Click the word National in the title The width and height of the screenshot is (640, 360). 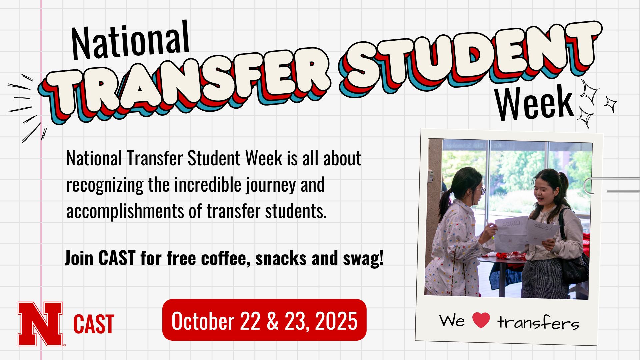click(130, 41)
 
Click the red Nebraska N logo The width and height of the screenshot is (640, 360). click(40, 324)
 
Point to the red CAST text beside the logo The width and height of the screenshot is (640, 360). click(94, 324)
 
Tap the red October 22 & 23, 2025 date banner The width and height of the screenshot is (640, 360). click(264, 320)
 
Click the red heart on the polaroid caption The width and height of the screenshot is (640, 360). click(481, 320)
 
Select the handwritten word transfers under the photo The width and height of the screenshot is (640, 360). click(538, 322)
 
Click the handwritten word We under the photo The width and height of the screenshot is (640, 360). click(452, 321)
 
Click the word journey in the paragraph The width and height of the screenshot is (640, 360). click(271, 185)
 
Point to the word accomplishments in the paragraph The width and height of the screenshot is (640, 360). click(125, 211)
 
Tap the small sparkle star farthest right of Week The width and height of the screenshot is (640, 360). click(611, 104)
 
